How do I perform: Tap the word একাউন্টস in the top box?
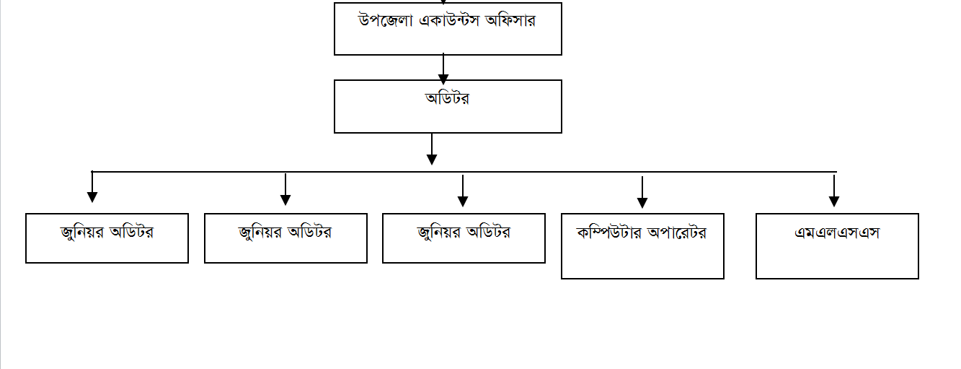click(x=448, y=21)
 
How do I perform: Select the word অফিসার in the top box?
click(x=510, y=20)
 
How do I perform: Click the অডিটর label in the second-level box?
click(x=447, y=98)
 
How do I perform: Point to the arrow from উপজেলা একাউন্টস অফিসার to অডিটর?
click(x=443, y=69)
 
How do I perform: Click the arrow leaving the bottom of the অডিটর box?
click(x=432, y=149)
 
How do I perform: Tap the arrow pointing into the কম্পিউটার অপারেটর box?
click(x=642, y=193)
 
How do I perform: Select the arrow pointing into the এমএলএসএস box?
click(x=834, y=191)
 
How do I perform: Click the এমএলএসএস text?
click(x=837, y=233)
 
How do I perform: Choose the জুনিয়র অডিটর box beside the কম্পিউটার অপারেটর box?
click(x=464, y=238)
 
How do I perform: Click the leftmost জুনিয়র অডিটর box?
click(x=107, y=238)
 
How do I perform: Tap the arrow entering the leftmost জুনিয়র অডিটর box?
click(x=92, y=187)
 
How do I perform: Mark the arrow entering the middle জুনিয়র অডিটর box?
click(x=285, y=189)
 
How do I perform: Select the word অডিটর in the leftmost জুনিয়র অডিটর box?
click(x=131, y=232)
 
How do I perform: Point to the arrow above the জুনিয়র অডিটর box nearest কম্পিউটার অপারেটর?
click(x=463, y=191)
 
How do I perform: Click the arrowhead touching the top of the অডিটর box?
click(x=443, y=79)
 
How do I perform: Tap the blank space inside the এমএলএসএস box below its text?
click(x=837, y=260)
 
